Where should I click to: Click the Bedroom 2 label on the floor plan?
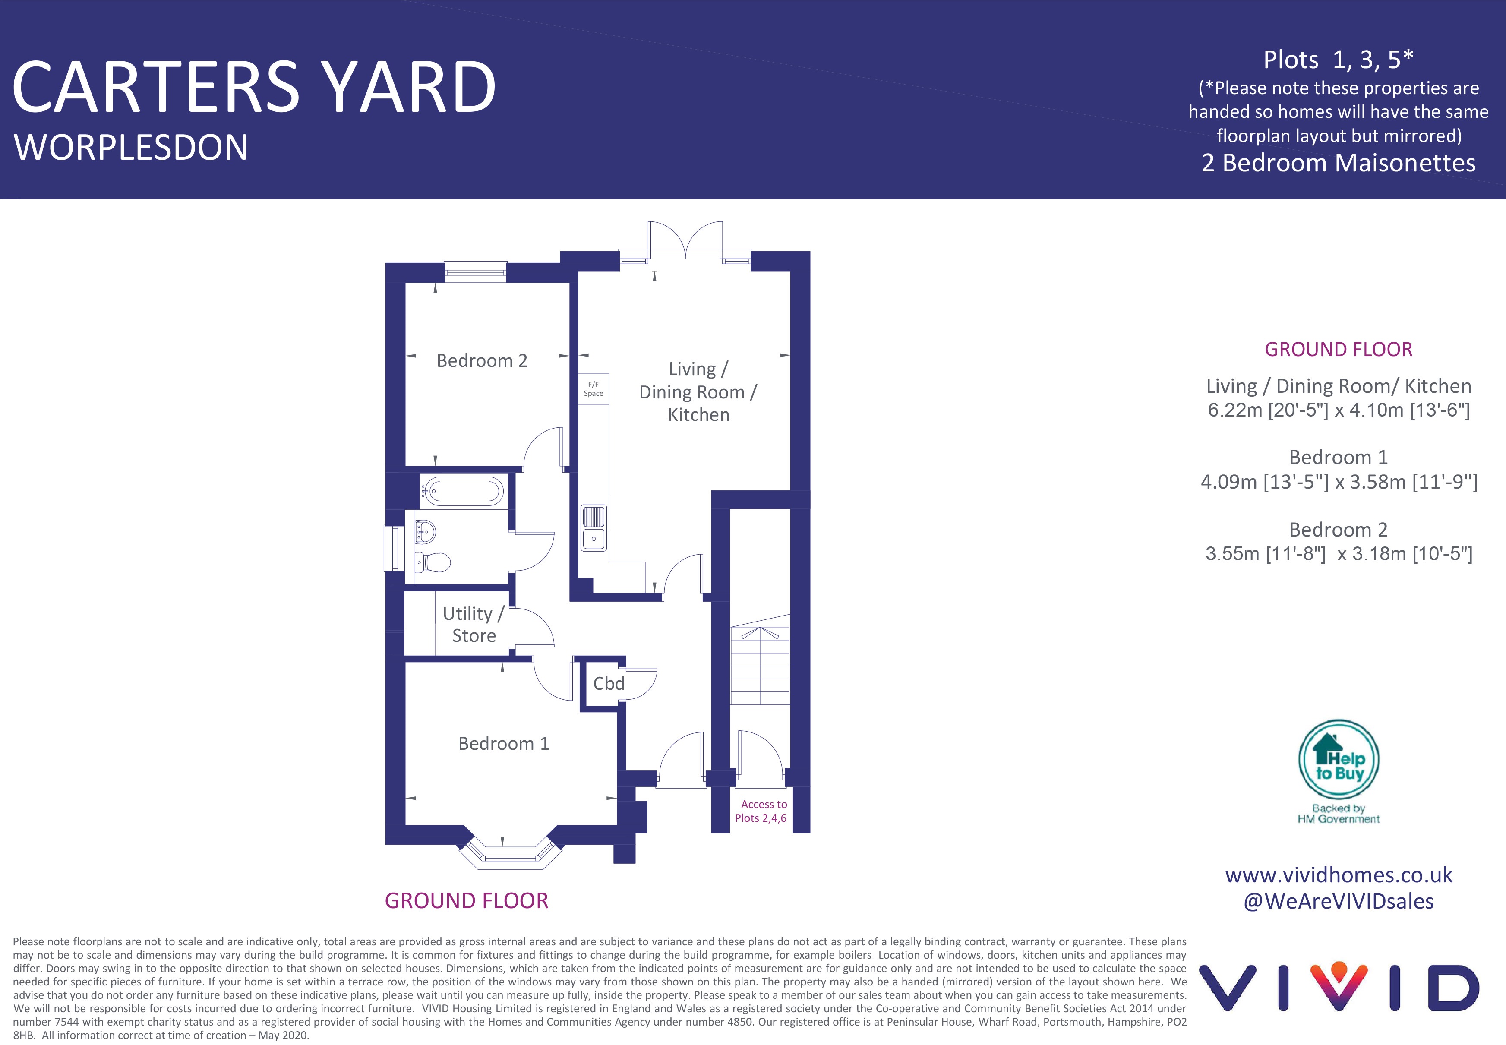pyautogui.click(x=482, y=361)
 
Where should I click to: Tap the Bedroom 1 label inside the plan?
pyautogui.click(x=504, y=744)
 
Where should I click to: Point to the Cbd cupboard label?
pyautogui.click(x=608, y=684)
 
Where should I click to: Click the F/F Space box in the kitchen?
pyautogui.click(x=593, y=389)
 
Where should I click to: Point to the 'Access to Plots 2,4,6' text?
pyautogui.click(x=761, y=811)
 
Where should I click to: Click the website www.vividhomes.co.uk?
pyautogui.click(x=1339, y=875)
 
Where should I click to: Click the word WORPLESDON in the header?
pyautogui.click(x=131, y=147)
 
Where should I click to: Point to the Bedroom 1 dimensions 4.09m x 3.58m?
pyautogui.click(x=1339, y=482)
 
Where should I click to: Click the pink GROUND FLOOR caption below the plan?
pyautogui.click(x=466, y=901)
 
